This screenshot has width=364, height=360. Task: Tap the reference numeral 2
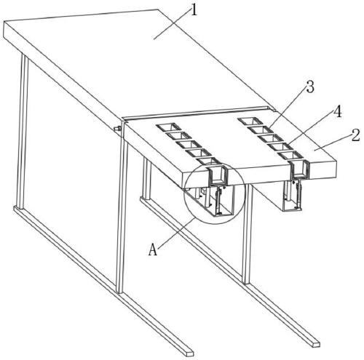point(355,135)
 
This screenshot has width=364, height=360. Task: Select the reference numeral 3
point(310,87)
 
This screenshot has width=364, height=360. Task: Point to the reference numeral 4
point(337,112)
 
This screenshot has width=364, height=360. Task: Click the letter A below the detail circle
point(153,249)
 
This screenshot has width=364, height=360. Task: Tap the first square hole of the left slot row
point(168,127)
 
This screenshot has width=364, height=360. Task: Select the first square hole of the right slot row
point(250,121)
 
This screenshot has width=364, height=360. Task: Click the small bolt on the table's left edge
point(118,129)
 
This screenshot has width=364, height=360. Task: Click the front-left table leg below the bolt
point(122,216)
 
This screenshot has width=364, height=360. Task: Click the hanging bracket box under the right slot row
point(292,196)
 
